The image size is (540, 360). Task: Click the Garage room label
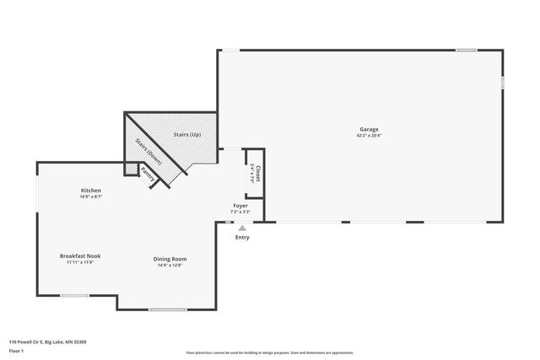(x=369, y=129)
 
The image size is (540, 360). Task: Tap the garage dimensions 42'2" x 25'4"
(x=369, y=135)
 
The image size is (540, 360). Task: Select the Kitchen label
(x=91, y=190)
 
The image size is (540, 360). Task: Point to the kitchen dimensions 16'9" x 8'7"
(x=91, y=196)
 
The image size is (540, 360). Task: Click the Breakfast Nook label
(x=76, y=255)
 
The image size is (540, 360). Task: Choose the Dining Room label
(x=170, y=258)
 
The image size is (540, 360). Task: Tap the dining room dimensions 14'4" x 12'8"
(x=170, y=265)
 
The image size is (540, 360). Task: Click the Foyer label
(x=240, y=206)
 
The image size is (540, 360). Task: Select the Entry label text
(x=242, y=237)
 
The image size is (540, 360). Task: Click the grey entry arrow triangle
(x=242, y=228)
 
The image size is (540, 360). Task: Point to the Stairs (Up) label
(x=186, y=134)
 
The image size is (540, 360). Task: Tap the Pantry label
(x=147, y=175)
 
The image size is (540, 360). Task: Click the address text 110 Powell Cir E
(x=47, y=341)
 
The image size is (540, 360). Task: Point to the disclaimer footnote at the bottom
(x=269, y=352)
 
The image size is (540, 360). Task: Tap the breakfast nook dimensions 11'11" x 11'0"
(x=76, y=262)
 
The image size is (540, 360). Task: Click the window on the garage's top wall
(x=467, y=50)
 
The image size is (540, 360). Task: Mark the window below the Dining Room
(x=168, y=310)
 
